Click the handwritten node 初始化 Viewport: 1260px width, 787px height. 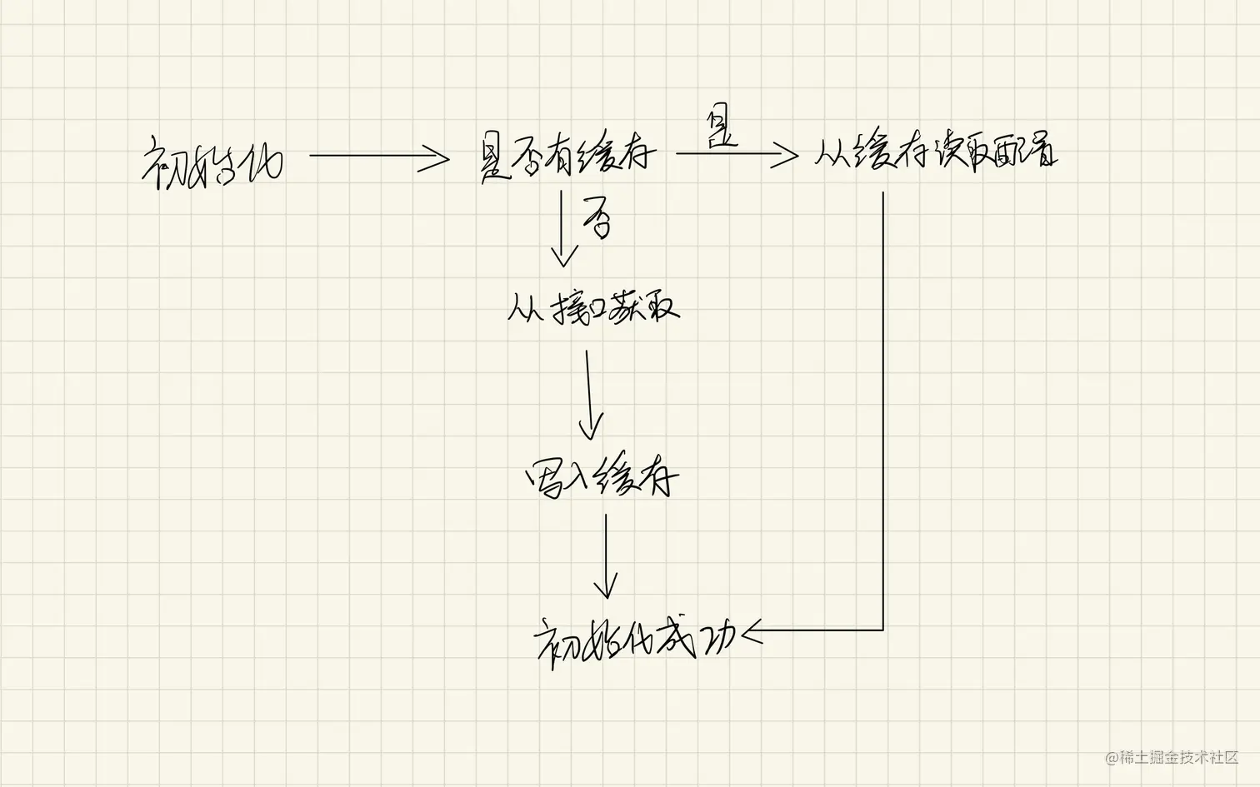[x=213, y=162]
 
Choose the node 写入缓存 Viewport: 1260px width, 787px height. [x=602, y=478]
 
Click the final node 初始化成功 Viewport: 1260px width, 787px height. [x=635, y=640]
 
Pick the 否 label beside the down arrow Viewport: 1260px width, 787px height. [x=597, y=219]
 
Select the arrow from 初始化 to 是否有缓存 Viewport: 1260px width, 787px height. [x=379, y=156]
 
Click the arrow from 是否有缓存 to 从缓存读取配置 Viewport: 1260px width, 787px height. [x=737, y=154]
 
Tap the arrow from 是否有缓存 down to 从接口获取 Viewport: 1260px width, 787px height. [x=563, y=228]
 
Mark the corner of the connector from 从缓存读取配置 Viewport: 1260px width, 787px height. [x=882, y=630]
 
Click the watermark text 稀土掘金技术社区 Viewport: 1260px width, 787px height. [x=1177, y=757]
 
